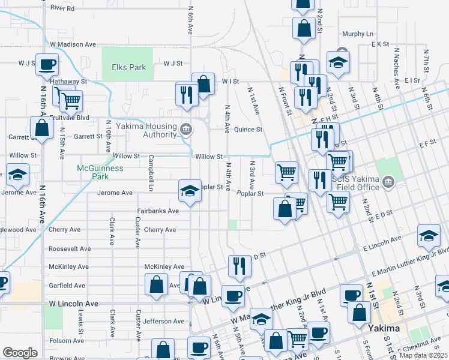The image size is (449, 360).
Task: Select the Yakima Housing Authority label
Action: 146,131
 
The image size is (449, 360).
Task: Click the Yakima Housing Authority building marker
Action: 186,128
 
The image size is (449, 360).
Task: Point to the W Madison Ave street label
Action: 73,44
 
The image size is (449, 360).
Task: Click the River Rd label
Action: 62,8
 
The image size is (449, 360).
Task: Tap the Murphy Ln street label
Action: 358,34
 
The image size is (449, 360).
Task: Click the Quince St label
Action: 249,129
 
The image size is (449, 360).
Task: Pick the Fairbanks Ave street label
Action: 158,211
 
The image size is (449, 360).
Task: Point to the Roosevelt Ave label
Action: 69,248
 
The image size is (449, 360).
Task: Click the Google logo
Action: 20,353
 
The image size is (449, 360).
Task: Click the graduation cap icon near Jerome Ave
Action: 190,191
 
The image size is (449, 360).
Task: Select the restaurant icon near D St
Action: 240,265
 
